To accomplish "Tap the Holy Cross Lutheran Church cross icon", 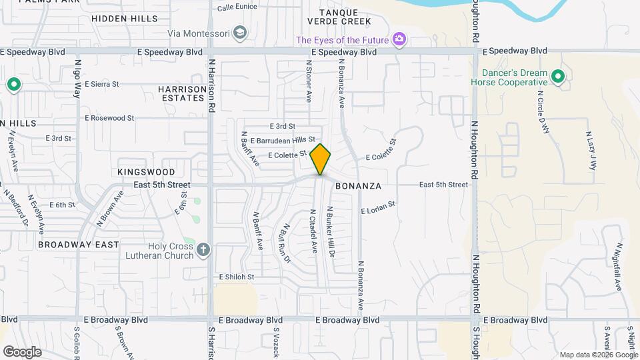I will coord(204,250).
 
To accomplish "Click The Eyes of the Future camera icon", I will coord(399,39).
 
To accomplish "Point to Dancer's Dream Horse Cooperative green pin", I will coord(559,77).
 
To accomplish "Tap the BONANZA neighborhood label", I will coord(357,185).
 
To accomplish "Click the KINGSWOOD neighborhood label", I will coord(146,172).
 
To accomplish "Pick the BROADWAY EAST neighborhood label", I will coord(78,245).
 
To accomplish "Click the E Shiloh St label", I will coord(237,277).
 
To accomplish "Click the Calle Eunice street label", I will coord(237,7).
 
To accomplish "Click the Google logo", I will coord(22,351).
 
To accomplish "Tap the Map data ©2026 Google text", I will coord(597,355).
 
